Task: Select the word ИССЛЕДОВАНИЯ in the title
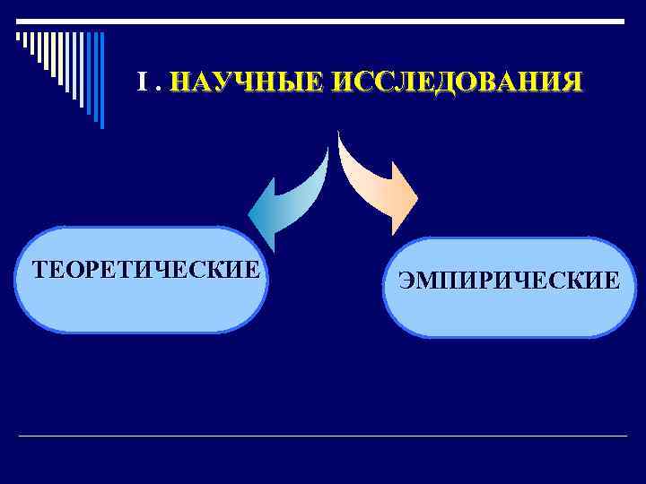pyautogui.click(x=456, y=83)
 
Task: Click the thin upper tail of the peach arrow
pyautogui.click(x=342, y=143)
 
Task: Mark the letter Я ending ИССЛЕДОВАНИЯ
pyautogui.click(x=572, y=83)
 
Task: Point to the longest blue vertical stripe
pyautogui.click(x=100, y=80)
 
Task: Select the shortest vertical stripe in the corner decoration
pyautogui.click(x=18, y=39)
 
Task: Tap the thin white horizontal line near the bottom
pyautogui.click(x=323, y=436)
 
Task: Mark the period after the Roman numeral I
pyautogui.click(x=156, y=89)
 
